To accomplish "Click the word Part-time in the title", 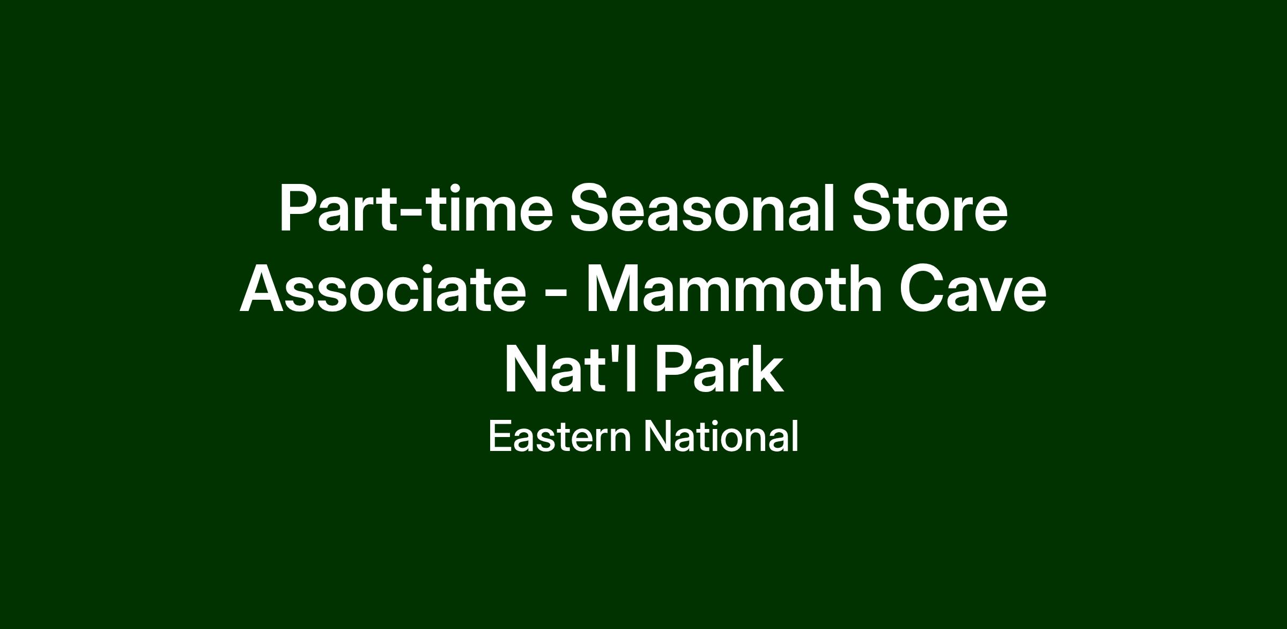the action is point(416,208).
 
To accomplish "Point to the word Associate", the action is point(383,288).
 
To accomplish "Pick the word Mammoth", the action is point(734,288).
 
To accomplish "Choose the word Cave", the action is point(972,288).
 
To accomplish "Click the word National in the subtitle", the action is point(721,436).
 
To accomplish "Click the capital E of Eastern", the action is point(501,436).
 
